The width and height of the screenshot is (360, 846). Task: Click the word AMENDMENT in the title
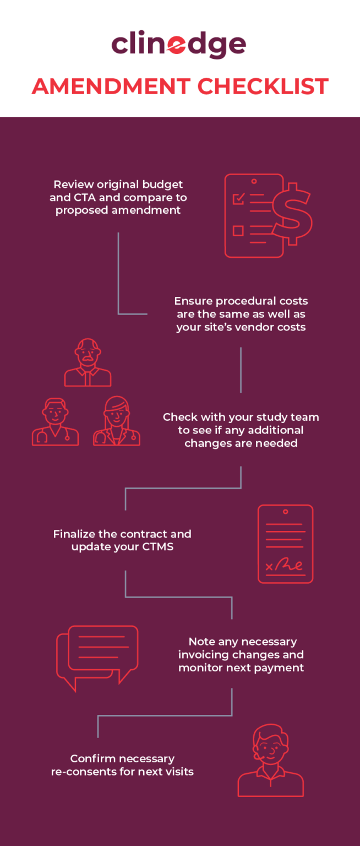[x=111, y=86]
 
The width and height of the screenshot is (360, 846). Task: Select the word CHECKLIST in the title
[x=263, y=86]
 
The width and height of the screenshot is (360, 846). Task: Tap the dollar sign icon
[x=292, y=214]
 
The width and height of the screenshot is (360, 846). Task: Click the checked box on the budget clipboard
[x=238, y=198]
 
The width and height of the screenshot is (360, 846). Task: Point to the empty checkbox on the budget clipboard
[x=238, y=230]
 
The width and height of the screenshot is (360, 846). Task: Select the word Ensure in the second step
[x=193, y=301]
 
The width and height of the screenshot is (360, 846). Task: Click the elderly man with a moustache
[x=88, y=362]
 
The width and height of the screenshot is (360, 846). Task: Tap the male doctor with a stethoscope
[x=56, y=421]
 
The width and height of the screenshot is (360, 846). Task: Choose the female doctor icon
[x=117, y=421]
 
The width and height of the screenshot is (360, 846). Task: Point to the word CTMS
[x=158, y=546]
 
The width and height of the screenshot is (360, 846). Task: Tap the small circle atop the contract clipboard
[x=286, y=512]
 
